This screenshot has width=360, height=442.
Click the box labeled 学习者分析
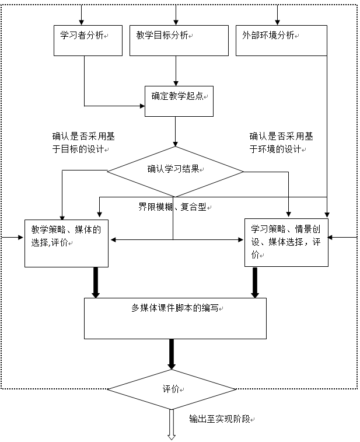coord(88,40)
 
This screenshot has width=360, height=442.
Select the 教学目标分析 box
coord(179,40)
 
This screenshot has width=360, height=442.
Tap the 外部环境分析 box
coord(281,40)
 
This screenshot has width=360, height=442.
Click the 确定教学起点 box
coord(179,101)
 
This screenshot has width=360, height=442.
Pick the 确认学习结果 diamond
coord(175,170)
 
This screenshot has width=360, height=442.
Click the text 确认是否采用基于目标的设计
coord(83,142)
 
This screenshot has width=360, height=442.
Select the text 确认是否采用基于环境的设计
coord(281,142)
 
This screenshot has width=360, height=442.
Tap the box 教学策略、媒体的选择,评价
coord(67,242)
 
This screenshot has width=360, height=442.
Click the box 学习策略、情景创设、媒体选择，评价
coord(286,242)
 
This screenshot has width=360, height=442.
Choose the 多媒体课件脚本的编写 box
coord(175,318)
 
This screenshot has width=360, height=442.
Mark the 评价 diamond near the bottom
coord(172,389)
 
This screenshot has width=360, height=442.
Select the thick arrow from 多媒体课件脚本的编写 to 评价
coord(172,354)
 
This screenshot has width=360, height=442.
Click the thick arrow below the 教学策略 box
coord(96,283)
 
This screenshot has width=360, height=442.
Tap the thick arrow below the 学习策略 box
coord(255,283)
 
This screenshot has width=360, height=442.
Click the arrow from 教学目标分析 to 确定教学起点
coord(176,71)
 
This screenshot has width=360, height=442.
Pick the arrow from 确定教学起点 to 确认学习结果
coord(176,131)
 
